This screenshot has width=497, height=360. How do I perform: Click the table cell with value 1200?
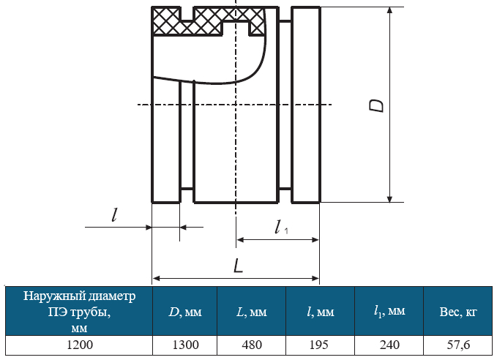(80, 345)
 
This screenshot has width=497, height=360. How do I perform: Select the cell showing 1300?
(185, 345)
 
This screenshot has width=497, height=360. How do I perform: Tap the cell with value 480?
(252, 345)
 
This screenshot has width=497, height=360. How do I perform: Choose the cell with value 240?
(389, 345)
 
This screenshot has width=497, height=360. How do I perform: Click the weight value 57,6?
(458, 345)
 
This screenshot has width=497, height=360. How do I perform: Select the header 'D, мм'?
(185, 312)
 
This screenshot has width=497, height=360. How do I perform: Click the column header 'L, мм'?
(252, 312)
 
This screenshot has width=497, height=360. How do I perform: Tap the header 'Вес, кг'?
(458, 312)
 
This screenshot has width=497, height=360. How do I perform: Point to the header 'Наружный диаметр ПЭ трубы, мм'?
(80, 312)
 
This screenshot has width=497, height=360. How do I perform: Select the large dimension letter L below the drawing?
(239, 266)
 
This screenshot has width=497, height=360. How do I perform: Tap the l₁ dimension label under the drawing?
(281, 228)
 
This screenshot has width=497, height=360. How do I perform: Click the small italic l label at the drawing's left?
(115, 215)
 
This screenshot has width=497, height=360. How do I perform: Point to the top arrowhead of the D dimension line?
(390, 10)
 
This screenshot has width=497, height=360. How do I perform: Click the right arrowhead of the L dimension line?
(315, 279)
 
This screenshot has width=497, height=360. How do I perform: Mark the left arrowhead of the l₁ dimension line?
(240, 240)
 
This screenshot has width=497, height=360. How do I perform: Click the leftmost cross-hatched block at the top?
(166, 21)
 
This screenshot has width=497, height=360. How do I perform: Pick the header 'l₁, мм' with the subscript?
(389, 312)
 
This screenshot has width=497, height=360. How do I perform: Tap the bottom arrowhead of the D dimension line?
(390, 199)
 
